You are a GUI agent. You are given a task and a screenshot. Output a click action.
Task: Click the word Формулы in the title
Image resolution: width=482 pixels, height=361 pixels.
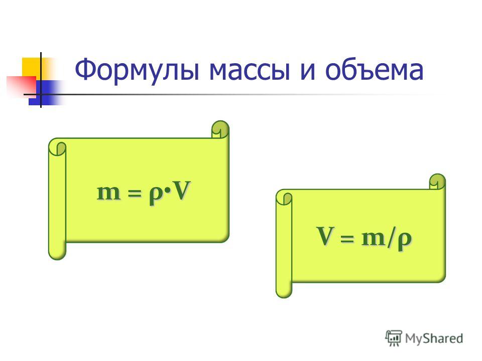point(137,70)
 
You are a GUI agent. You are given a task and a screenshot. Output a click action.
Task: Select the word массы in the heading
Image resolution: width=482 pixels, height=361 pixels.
point(250,71)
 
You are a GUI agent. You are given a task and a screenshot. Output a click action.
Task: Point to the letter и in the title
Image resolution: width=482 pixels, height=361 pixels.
point(308,71)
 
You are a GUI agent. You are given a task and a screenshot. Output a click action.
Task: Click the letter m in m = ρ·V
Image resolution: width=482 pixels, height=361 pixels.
point(108,193)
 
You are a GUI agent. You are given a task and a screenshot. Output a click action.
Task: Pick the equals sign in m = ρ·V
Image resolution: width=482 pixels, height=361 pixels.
point(135,194)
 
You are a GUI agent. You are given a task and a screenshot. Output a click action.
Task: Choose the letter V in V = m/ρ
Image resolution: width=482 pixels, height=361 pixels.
point(325,236)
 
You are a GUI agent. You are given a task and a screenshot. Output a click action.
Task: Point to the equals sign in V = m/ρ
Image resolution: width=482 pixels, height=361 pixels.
point(347,238)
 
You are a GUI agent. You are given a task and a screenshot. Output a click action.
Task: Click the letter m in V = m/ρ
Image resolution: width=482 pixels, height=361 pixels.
point(373,238)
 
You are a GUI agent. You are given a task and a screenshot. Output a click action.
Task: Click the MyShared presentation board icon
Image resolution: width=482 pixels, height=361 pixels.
point(394,338)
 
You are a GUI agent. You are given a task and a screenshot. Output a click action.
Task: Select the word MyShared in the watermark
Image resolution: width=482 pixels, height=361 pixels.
point(434,338)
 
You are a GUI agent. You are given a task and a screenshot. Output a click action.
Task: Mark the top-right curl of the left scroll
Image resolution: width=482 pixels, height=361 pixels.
point(220,129)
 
